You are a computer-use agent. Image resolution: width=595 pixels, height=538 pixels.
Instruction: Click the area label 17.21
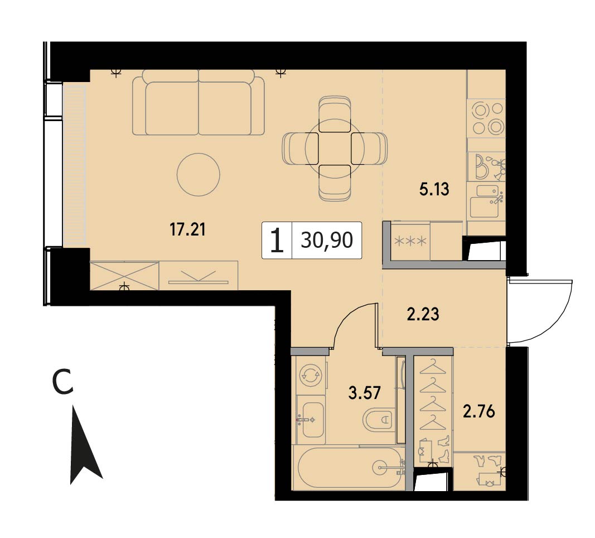tap(187, 230)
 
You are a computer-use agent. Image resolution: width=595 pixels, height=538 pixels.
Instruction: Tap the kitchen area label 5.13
tap(434, 189)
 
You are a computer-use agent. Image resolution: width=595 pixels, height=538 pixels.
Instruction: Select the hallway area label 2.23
tap(423, 314)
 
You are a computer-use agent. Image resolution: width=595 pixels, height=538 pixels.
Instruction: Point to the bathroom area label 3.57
tap(364, 392)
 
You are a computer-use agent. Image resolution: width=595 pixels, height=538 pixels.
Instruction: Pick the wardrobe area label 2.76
tap(479, 411)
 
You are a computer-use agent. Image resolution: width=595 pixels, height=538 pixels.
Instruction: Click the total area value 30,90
tap(327, 241)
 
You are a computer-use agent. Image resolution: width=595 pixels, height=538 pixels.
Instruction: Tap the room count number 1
tap(277, 241)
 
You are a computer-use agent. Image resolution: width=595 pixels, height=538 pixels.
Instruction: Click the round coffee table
tap(199, 175)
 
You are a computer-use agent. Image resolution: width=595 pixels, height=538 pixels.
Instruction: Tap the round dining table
tap(335, 148)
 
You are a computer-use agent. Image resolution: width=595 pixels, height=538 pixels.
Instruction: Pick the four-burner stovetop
tap(486, 118)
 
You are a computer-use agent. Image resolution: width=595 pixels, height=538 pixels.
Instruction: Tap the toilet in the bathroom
tap(379, 420)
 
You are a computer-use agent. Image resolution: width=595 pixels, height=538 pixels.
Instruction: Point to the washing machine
tap(311, 375)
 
